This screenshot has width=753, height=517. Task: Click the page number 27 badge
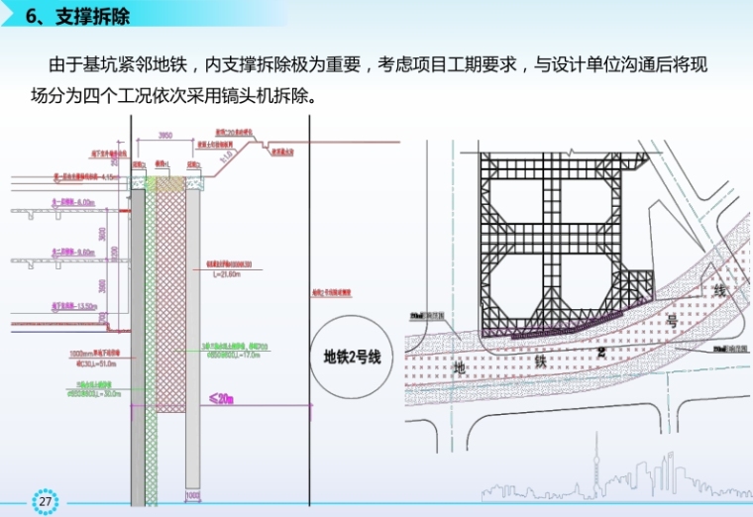(x=46, y=501)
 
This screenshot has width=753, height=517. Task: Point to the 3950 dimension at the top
(x=166, y=136)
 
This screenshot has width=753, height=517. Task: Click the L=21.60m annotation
(x=224, y=273)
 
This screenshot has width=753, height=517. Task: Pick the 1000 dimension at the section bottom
(x=192, y=495)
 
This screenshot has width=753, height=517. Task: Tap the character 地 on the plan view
(x=459, y=367)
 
